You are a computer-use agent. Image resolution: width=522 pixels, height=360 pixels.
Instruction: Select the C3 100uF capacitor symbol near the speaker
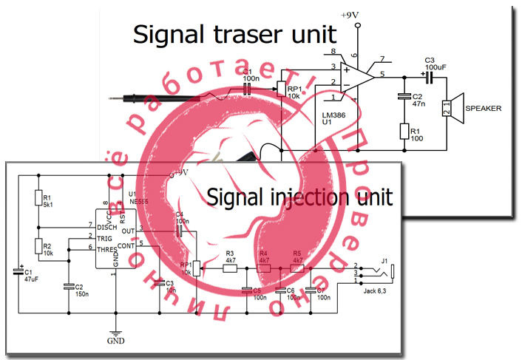pos(424,74)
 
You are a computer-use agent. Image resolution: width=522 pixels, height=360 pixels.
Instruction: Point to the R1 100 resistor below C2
pos(404,131)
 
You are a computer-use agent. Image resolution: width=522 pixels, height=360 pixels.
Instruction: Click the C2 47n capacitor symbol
pos(404,96)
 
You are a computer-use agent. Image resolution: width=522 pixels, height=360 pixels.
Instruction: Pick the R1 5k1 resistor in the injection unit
pos(37,199)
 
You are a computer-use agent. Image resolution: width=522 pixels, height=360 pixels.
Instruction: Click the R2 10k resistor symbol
pos(37,246)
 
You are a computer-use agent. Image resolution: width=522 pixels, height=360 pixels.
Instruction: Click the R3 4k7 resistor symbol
pos(229,268)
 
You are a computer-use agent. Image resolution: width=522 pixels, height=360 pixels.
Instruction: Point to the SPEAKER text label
pos(484,109)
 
